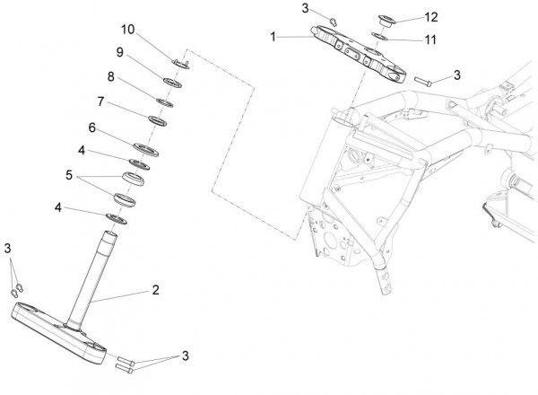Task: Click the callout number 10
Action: point(127,30)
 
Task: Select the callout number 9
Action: point(120,52)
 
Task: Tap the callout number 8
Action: point(111,76)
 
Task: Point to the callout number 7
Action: point(100,101)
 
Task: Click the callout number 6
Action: point(92,127)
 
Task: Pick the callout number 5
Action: point(69,175)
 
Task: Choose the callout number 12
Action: point(431,17)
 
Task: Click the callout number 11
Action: point(430,39)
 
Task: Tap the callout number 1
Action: point(273,37)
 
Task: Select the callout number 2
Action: point(155,290)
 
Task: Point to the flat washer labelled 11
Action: point(380,37)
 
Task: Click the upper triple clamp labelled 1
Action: point(359,54)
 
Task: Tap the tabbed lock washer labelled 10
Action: point(180,64)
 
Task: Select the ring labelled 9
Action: point(172,83)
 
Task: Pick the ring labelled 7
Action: point(158,121)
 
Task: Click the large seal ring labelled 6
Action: point(146,150)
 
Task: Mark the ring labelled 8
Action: point(165,102)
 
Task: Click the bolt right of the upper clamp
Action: point(422,81)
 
